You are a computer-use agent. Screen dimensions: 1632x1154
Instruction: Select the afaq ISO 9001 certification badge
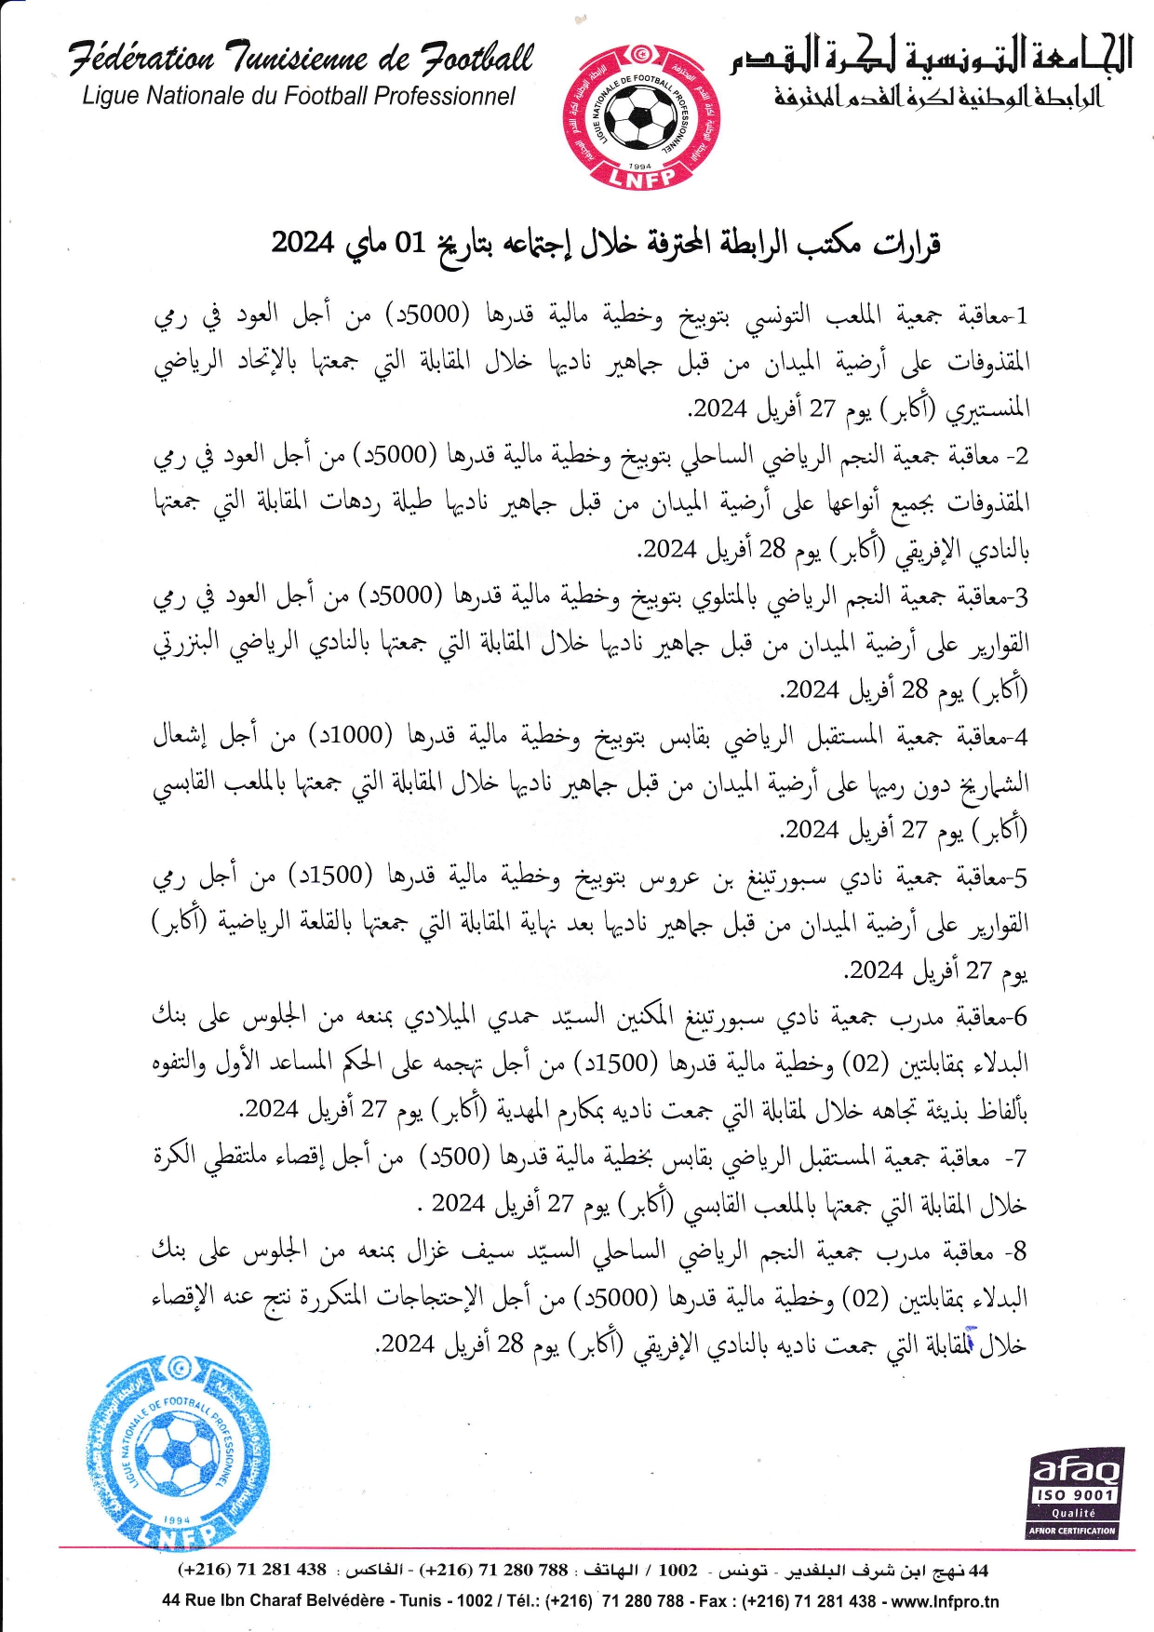[x=1075, y=1492]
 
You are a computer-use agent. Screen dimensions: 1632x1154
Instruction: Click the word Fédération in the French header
[x=141, y=59]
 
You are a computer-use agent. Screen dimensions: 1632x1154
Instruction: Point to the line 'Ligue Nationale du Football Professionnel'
[x=298, y=96]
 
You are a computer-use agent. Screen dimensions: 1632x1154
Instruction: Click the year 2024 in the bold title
[x=302, y=243]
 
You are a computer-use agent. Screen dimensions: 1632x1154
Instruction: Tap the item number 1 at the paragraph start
[x=1022, y=316]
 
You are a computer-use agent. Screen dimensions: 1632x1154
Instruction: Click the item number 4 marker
[x=1022, y=738]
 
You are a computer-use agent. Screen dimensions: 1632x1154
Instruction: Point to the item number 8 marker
[x=1020, y=1252]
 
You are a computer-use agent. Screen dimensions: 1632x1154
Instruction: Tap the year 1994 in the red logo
[x=640, y=165]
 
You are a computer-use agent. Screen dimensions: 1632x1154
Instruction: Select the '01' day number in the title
[x=409, y=243]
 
